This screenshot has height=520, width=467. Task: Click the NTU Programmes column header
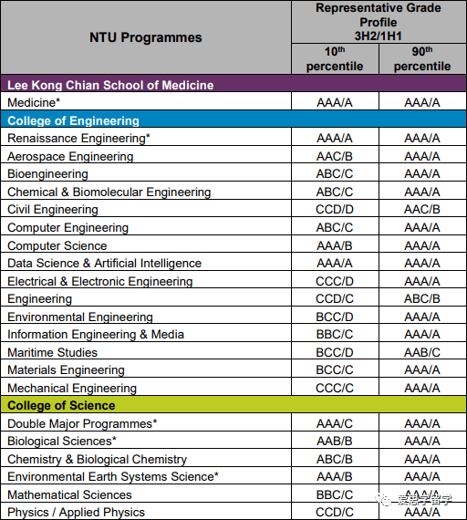(x=146, y=37)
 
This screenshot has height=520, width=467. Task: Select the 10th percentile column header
(x=335, y=59)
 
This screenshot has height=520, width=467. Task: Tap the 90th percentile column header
(x=422, y=59)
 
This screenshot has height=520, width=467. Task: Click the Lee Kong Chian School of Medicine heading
(x=110, y=85)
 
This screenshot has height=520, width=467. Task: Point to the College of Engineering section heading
(x=73, y=120)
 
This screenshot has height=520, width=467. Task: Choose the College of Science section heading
(x=61, y=405)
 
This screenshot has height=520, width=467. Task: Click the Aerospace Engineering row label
(x=70, y=156)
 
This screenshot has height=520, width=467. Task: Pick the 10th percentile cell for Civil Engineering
(x=335, y=209)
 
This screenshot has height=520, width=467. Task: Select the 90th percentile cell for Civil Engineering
(x=422, y=209)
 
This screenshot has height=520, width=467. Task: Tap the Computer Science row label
(x=57, y=245)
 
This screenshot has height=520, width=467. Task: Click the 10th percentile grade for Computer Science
(x=335, y=245)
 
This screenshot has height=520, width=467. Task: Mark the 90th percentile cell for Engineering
(x=422, y=299)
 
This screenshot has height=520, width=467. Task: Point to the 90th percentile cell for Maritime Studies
(x=422, y=352)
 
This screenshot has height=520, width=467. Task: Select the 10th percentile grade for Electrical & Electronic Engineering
(x=335, y=281)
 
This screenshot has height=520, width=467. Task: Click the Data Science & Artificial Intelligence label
(x=105, y=264)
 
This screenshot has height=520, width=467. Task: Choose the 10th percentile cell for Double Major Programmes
(x=335, y=423)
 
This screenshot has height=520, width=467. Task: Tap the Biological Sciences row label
(x=62, y=441)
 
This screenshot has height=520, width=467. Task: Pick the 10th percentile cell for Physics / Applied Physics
(x=335, y=513)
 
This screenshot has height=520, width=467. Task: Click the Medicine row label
(x=34, y=102)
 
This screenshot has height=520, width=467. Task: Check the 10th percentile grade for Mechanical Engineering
(x=335, y=388)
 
